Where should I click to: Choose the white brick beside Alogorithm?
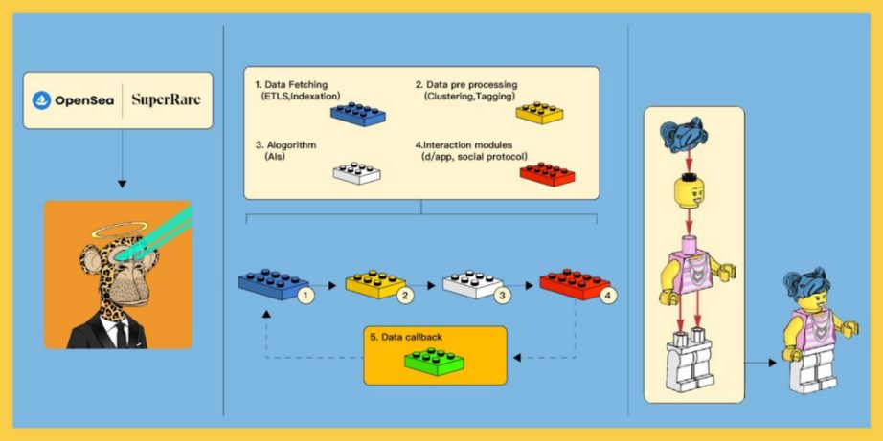click(x=358, y=172)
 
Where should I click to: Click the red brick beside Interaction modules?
click(x=544, y=173)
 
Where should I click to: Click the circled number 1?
click(x=304, y=296)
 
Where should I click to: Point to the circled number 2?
click(x=405, y=296)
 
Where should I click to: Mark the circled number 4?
click(x=606, y=296)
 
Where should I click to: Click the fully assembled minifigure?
click(x=813, y=330)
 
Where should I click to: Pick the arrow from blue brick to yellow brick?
click(x=329, y=285)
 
